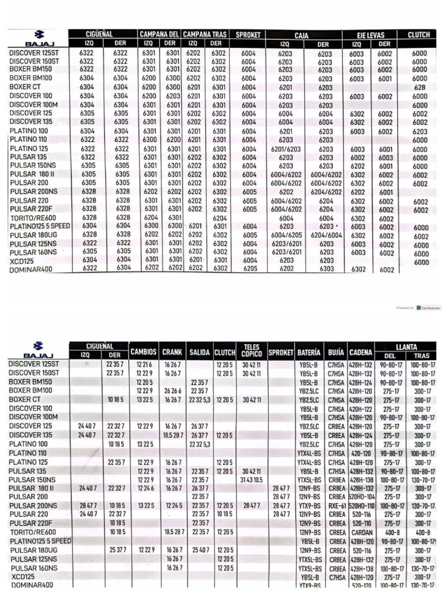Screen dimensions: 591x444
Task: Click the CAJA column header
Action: (301, 35)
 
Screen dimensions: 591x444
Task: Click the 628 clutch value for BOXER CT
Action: (420, 87)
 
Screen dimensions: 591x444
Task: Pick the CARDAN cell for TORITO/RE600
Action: (362, 532)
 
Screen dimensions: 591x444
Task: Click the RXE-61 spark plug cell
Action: (336, 505)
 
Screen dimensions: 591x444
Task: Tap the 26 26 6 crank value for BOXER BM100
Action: (172, 391)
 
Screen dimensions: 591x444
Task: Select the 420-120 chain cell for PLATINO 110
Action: (362, 454)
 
